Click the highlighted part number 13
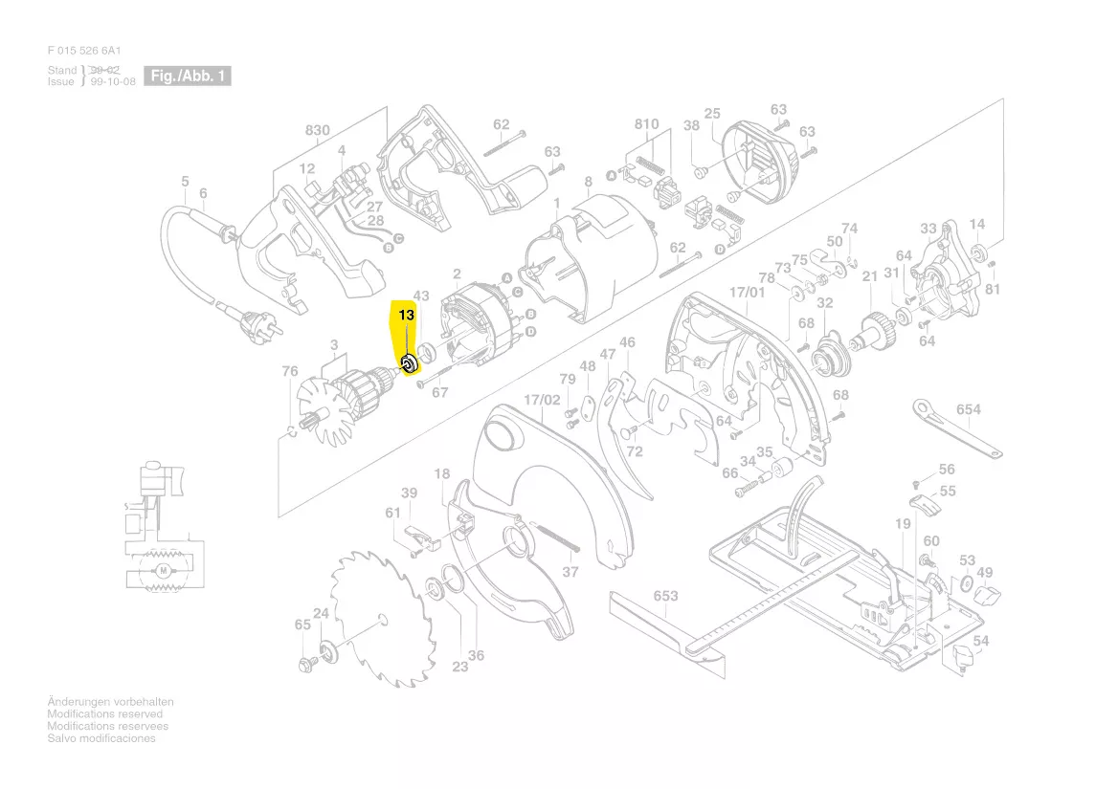(x=406, y=315)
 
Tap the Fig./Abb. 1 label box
(x=187, y=76)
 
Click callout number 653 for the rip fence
(x=666, y=596)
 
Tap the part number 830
(x=318, y=131)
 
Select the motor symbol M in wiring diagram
(x=163, y=571)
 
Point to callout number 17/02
(x=542, y=399)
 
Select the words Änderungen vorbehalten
(x=111, y=702)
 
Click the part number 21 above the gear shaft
(x=869, y=276)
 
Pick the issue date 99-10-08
(x=113, y=82)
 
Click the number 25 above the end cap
(x=712, y=114)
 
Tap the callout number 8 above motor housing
(x=588, y=182)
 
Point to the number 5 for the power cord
(x=185, y=182)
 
